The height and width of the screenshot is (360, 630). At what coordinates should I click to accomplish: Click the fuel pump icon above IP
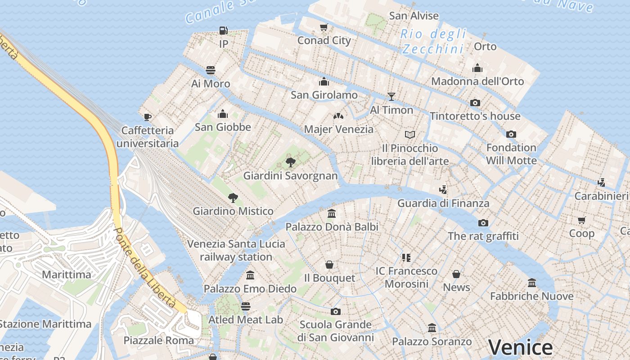[x=223, y=31]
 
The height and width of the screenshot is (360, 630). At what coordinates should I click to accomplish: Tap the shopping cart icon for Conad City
[x=324, y=27]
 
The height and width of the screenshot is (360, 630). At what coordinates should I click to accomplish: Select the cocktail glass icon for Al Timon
[x=391, y=96]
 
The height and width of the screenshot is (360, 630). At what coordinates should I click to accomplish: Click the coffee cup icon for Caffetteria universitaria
[x=147, y=117]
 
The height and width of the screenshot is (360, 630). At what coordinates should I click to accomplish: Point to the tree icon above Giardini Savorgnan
[x=291, y=162]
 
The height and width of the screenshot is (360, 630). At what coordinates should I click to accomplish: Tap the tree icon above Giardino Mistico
[x=233, y=198]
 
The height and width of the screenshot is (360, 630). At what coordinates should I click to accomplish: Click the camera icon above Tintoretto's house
[x=475, y=103]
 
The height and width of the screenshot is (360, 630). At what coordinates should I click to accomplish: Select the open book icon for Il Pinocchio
[x=409, y=135]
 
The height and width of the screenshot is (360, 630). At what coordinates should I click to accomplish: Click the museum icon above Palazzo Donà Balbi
[x=332, y=213]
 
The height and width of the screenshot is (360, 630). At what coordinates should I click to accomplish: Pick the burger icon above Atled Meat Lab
[x=245, y=306]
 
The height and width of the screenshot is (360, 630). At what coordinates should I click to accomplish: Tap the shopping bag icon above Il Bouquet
[x=329, y=265]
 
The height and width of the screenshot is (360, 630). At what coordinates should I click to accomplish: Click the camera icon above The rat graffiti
[x=483, y=223]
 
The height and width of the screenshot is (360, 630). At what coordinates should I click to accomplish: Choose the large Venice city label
[x=520, y=347]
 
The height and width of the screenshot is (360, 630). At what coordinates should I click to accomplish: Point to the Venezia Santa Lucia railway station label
[x=236, y=250]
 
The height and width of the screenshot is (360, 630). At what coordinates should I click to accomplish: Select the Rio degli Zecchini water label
[x=433, y=41]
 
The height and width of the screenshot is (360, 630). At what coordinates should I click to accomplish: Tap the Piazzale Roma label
[x=158, y=340]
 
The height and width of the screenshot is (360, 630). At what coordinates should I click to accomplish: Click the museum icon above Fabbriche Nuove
[x=532, y=283]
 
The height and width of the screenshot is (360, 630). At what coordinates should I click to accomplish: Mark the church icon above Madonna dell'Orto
[x=477, y=68]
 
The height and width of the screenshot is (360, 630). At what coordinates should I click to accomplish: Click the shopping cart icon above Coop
[x=582, y=220]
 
